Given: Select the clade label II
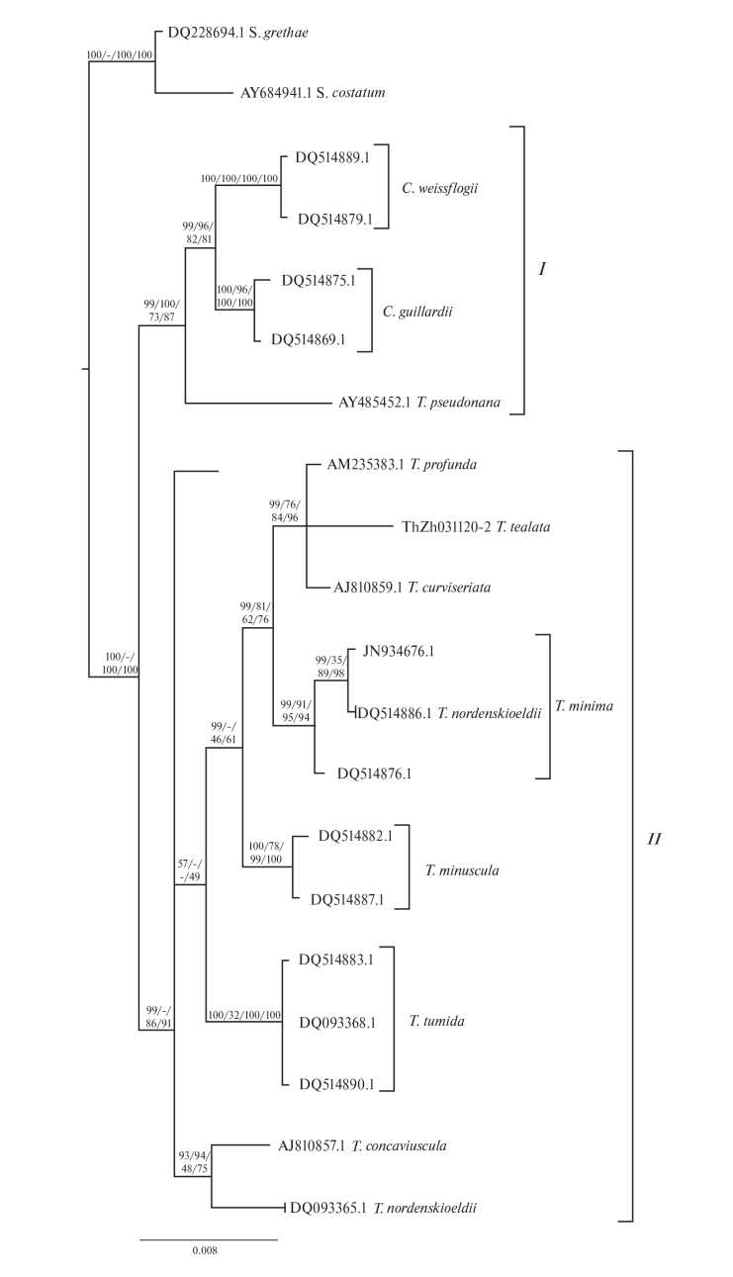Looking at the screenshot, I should [654, 840].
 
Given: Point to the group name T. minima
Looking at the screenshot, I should [586, 706].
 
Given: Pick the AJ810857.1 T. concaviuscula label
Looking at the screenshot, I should [362, 1146].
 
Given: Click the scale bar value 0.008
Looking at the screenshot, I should [206, 1250].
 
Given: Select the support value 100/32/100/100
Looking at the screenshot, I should [244, 1015].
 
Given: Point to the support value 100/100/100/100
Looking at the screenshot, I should [239, 179].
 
